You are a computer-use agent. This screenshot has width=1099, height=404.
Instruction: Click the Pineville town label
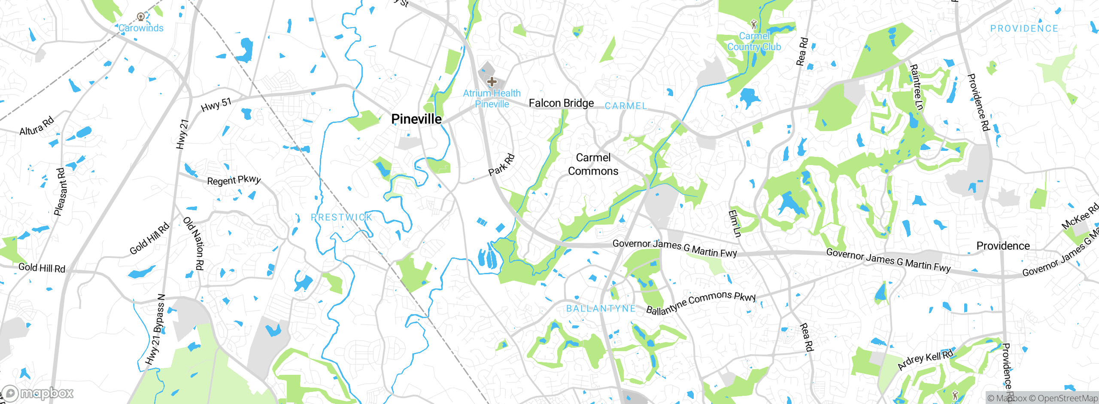click(x=416, y=119)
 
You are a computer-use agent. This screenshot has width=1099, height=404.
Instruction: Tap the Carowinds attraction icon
click(x=140, y=17)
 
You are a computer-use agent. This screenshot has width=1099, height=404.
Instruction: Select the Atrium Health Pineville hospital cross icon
click(x=492, y=81)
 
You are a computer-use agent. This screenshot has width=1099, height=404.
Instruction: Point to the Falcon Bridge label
click(x=561, y=103)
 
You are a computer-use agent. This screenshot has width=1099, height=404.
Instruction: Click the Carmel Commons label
click(x=593, y=164)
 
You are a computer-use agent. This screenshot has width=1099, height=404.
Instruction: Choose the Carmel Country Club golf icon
click(x=753, y=24)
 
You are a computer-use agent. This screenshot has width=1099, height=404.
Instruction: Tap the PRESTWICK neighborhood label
click(x=342, y=217)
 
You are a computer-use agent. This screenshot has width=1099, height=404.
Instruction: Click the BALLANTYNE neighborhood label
click(x=601, y=309)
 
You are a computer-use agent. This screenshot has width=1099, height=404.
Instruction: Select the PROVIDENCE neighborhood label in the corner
click(x=1024, y=29)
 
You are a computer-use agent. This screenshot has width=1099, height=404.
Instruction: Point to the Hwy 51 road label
click(x=216, y=104)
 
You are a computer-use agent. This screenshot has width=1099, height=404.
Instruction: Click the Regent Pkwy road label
click(x=234, y=180)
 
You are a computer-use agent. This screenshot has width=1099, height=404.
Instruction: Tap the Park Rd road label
click(x=501, y=165)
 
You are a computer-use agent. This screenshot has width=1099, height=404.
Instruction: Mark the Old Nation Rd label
click(x=194, y=243)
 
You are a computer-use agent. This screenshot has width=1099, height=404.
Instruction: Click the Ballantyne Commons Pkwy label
click(x=701, y=303)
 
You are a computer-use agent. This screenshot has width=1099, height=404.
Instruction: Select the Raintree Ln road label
click(x=916, y=87)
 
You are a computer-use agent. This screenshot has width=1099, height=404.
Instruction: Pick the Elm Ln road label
click(x=735, y=223)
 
